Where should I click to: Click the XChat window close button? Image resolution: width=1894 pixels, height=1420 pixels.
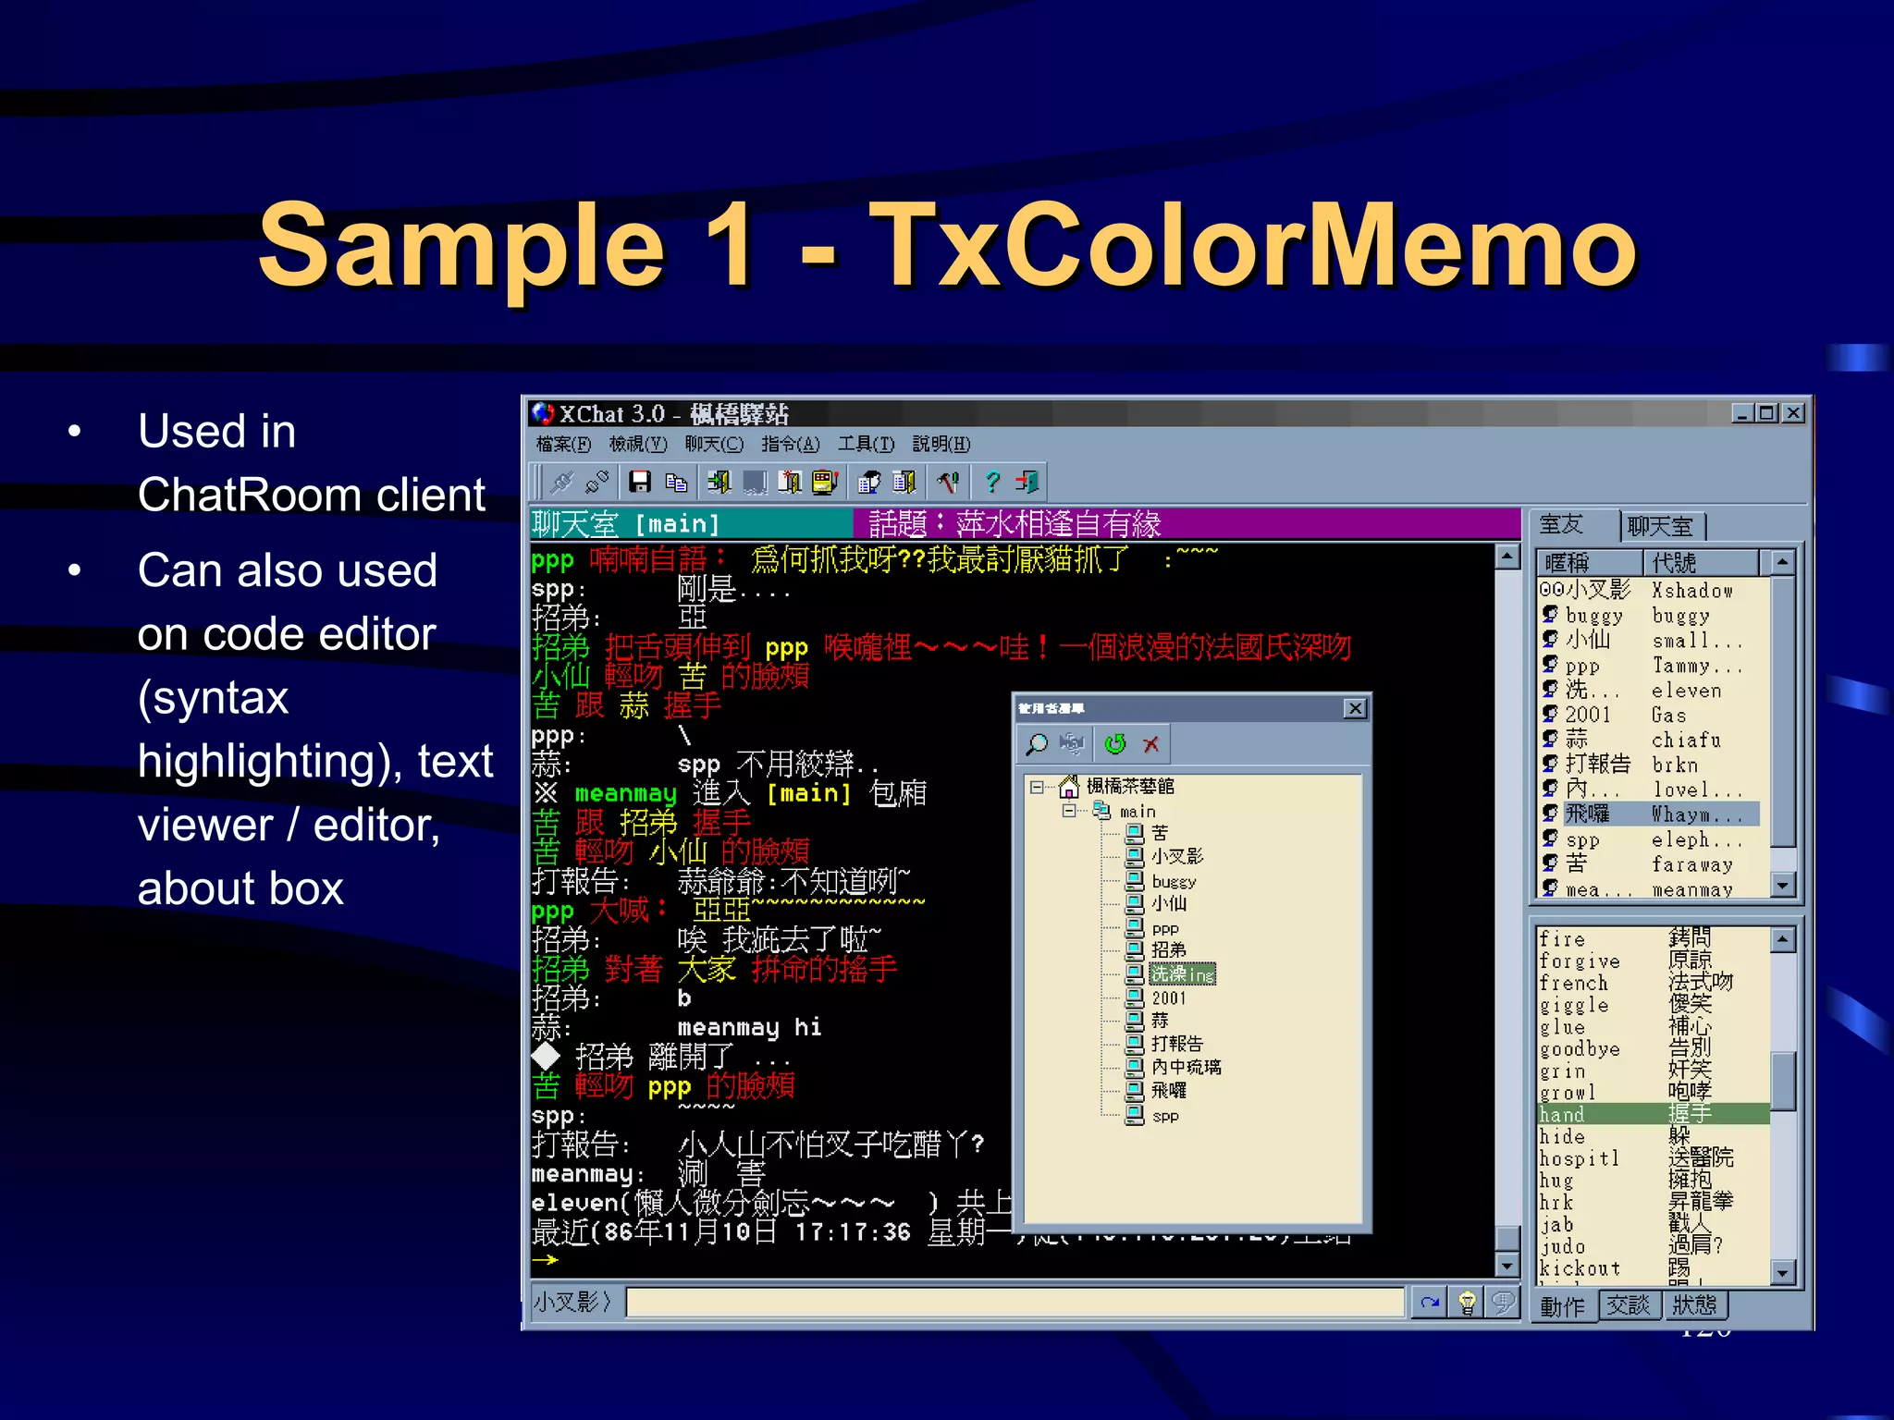[x=1793, y=413]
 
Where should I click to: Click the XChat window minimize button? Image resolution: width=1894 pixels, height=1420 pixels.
[x=1742, y=413]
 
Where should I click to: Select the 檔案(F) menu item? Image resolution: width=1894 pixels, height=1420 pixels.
[x=563, y=445]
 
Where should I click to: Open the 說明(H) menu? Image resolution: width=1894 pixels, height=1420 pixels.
[x=941, y=445]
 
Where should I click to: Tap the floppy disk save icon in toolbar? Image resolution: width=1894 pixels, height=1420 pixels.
[x=640, y=482]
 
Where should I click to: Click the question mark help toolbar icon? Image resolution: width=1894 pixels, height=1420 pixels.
[x=992, y=482]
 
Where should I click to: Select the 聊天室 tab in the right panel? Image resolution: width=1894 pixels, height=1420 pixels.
[x=1660, y=526]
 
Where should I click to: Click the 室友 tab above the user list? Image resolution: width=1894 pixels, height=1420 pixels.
[x=1562, y=525]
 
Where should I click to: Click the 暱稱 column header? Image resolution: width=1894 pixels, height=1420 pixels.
[x=1568, y=562]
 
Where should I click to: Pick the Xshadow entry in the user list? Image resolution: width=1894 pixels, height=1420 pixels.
[x=1691, y=591]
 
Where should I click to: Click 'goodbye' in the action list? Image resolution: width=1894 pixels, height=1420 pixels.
[x=1580, y=1049]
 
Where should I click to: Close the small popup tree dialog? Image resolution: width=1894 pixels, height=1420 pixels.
[x=1355, y=709]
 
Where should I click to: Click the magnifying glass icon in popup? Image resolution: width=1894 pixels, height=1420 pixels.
[x=1038, y=744]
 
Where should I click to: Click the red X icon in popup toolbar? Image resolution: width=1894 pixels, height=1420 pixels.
[x=1151, y=744]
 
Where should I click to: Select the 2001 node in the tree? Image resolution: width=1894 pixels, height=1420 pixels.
[x=1168, y=998]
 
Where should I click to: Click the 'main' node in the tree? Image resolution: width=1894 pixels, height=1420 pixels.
[x=1138, y=812]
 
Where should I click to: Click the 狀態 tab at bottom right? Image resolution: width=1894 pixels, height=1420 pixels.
[x=1694, y=1304]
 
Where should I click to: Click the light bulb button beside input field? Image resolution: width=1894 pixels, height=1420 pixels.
[x=1467, y=1304]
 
